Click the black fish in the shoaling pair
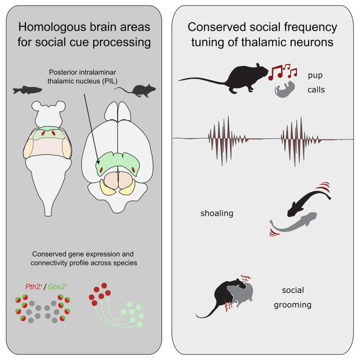coord(301,201)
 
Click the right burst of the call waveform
coord(295,140)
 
